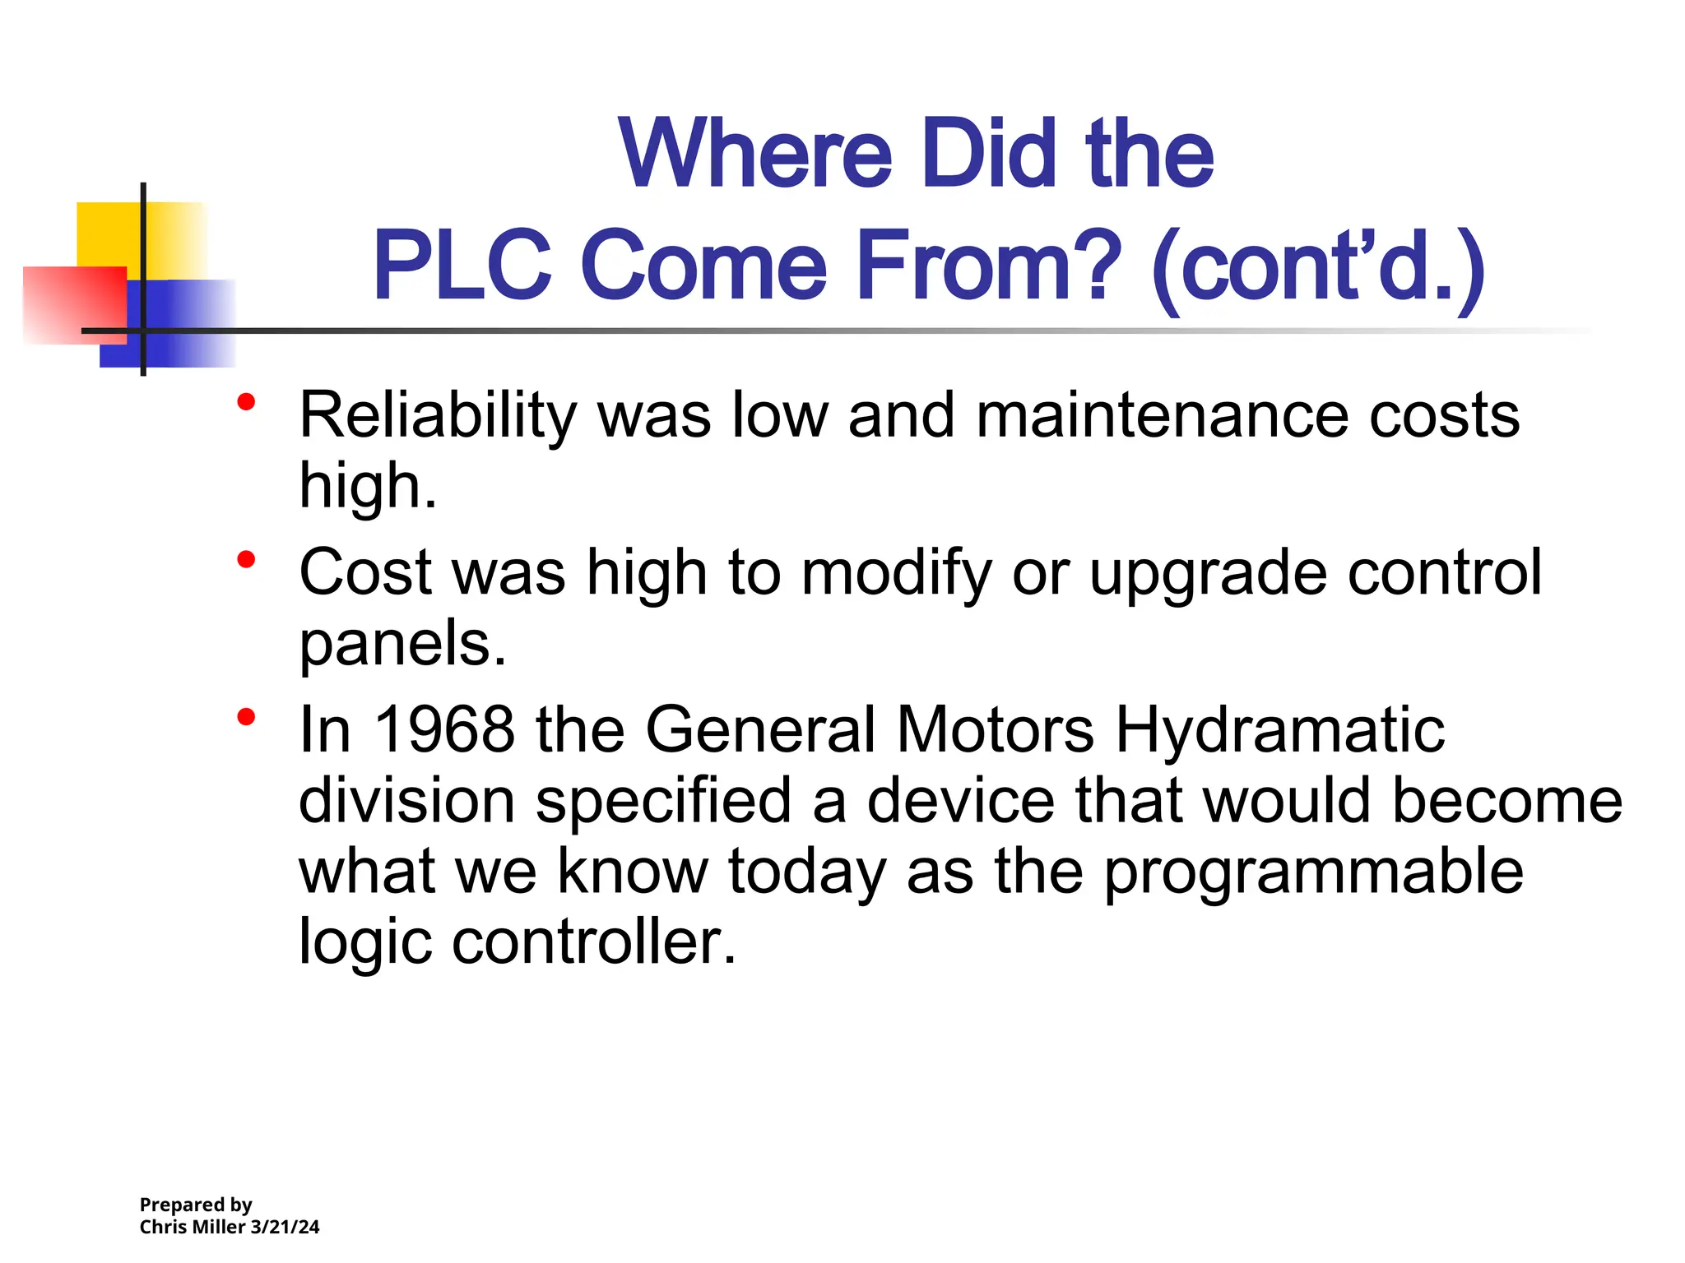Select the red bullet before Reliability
click(x=246, y=403)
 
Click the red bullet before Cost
click(x=246, y=560)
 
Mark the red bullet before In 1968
click(x=246, y=717)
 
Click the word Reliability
click(x=437, y=416)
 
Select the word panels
click(x=402, y=644)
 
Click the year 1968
click(x=444, y=730)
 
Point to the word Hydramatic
click(x=1279, y=730)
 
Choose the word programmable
click(x=1313, y=872)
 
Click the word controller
click(x=593, y=941)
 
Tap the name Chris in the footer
click(x=164, y=1227)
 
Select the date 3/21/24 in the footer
click(x=285, y=1227)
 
